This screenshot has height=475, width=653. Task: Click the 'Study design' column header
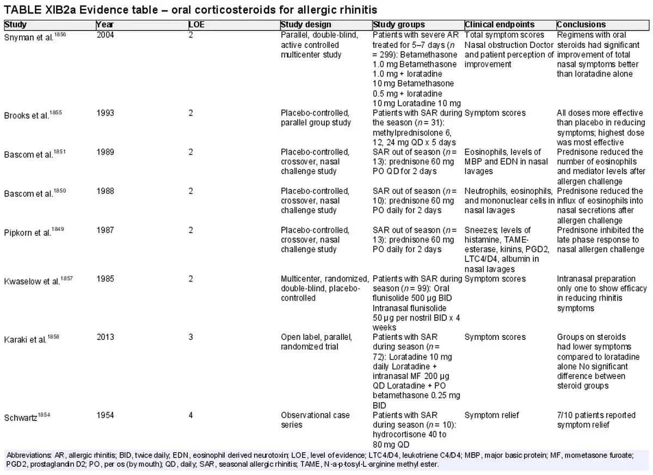click(x=306, y=25)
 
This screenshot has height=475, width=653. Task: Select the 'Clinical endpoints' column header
click(x=500, y=25)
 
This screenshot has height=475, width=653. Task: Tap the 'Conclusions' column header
click(x=581, y=25)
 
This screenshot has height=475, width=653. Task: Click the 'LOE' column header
click(x=196, y=25)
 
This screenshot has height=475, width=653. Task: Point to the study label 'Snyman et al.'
click(x=29, y=38)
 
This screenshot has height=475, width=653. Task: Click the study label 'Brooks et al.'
click(x=27, y=115)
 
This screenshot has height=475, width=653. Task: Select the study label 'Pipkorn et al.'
click(x=28, y=233)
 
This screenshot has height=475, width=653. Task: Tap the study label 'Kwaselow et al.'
click(x=32, y=281)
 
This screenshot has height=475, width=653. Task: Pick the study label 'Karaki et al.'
click(x=26, y=339)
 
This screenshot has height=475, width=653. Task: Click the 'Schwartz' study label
click(x=21, y=418)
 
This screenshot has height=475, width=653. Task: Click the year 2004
click(x=105, y=35)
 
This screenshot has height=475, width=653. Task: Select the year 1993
click(x=105, y=113)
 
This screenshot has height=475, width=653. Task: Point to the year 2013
click(x=105, y=337)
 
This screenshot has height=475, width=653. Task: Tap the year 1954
click(x=105, y=415)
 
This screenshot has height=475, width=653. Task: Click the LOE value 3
click(x=190, y=337)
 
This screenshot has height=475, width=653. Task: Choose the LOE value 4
click(x=190, y=415)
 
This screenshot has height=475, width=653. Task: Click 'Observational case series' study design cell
click(x=315, y=420)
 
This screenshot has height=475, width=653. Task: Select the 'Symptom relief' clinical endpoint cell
click(x=491, y=415)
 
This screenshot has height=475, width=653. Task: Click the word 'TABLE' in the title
click(x=23, y=10)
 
